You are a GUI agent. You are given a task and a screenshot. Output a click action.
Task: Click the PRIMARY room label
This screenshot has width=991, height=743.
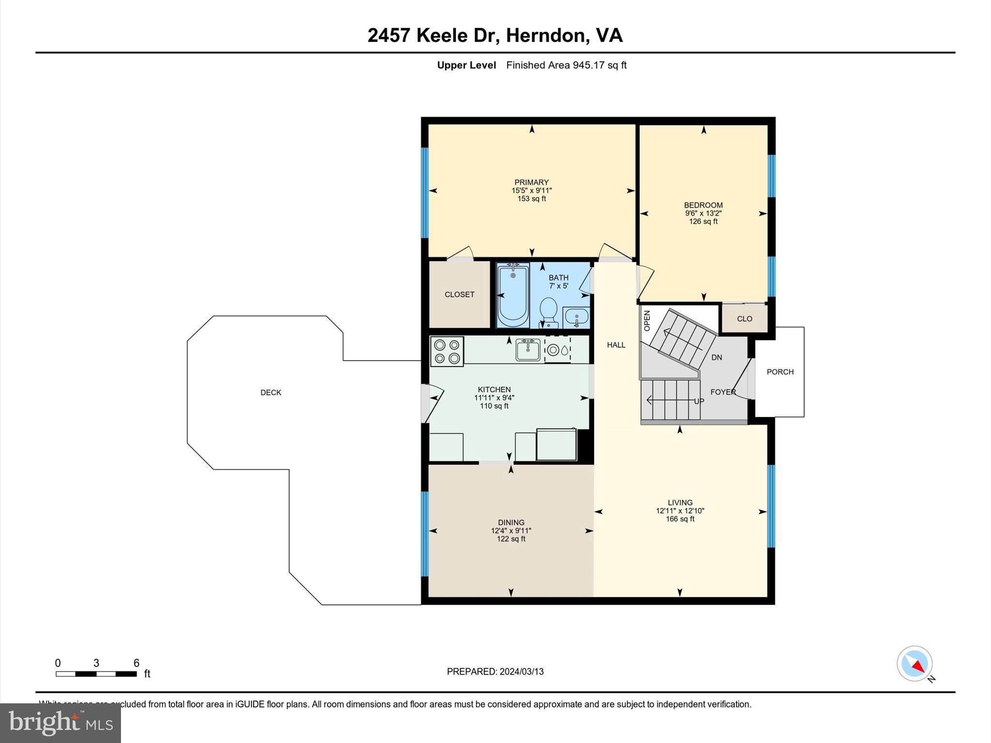click(x=531, y=182)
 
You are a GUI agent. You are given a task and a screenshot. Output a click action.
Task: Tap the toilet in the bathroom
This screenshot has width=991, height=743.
click(x=548, y=310)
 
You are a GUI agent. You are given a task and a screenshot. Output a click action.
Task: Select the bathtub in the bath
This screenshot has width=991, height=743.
click(x=513, y=295)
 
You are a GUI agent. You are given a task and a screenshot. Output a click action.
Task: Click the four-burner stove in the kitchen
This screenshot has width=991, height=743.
click(x=447, y=352)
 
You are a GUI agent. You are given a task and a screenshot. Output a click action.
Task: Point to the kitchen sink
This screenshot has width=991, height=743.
click(x=527, y=350)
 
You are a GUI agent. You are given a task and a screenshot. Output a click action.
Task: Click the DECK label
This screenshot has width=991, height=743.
click(x=270, y=392)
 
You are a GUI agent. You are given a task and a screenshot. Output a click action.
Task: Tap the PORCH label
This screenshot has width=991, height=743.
click(x=780, y=371)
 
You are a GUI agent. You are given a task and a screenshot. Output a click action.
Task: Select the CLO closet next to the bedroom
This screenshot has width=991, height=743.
click(x=744, y=318)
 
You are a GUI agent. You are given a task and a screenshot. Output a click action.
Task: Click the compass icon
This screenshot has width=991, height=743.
click(x=914, y=663)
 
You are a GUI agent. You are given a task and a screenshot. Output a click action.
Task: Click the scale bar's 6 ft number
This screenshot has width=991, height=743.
click(x=136, y=663)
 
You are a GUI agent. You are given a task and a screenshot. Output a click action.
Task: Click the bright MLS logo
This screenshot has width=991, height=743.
click(x=60, y=723)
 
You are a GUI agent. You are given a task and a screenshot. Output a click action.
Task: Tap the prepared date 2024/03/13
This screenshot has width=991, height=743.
click(x=522, y=671)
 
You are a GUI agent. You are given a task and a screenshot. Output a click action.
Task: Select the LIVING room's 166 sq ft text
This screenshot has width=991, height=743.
click(x=680, y=519)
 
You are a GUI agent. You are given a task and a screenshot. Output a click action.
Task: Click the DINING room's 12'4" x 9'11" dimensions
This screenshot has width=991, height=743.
click(x=511, y=531)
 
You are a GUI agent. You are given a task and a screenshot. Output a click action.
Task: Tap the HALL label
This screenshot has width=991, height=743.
click(x=616, y=345)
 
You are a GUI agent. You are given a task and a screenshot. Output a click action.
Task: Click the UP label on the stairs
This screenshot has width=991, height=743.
click(x=699, y=401)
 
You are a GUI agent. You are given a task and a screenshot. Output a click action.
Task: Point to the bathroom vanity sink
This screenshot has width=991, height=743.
click(x=576, y=317)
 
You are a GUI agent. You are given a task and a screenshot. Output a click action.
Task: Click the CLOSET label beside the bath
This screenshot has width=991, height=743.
click(x=459, y=294)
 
